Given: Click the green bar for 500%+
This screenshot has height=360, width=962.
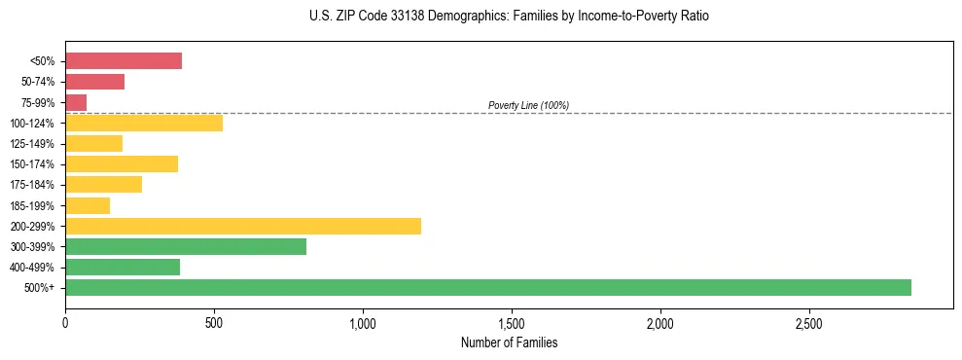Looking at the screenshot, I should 487,287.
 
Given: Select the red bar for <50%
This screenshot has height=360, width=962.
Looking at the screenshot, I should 124,60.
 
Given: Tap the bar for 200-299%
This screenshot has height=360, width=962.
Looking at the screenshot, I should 243,226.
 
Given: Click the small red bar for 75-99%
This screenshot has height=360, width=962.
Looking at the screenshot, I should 76,102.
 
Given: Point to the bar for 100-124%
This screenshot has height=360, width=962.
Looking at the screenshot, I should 144,123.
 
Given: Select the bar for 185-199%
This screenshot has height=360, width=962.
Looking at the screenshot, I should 88,205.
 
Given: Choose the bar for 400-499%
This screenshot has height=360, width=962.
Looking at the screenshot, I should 123,267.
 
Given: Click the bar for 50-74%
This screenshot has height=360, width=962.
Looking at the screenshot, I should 94,82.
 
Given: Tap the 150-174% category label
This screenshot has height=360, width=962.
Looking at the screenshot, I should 35,164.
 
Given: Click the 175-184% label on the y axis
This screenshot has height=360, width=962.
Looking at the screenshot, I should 35,185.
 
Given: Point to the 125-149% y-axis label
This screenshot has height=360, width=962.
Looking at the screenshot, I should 35,144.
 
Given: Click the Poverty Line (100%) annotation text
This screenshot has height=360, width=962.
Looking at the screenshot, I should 528,105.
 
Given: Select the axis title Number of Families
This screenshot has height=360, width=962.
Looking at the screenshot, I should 509,342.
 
